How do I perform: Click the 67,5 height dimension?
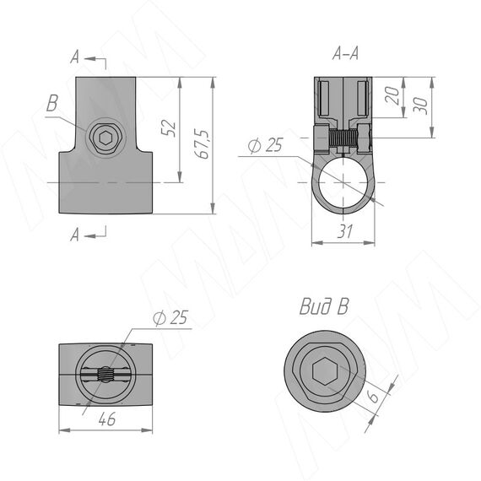tap(203, 143)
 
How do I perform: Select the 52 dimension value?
tap(169, 128)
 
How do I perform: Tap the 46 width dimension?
tap(107, 419)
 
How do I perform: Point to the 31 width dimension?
tap(345, 231)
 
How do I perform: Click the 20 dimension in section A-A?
tap(392, 95)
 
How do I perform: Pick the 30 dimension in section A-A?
tap(421, 105)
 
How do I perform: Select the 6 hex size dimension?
tap(373, 396)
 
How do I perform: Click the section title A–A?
tap(345, 54)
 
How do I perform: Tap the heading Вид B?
tap(324, 306)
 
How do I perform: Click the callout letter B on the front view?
tap(52, 103)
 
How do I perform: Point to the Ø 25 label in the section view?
tap(265, 145)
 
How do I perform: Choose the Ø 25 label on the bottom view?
tap(170, 317)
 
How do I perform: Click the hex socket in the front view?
tap(105, 138)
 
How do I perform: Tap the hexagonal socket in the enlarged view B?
tap(325, 370)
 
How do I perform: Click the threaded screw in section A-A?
tap(343, 138)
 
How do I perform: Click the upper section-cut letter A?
tap(74, 57)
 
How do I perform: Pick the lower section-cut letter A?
tap(74, 235)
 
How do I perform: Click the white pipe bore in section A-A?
tap(343, 182)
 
